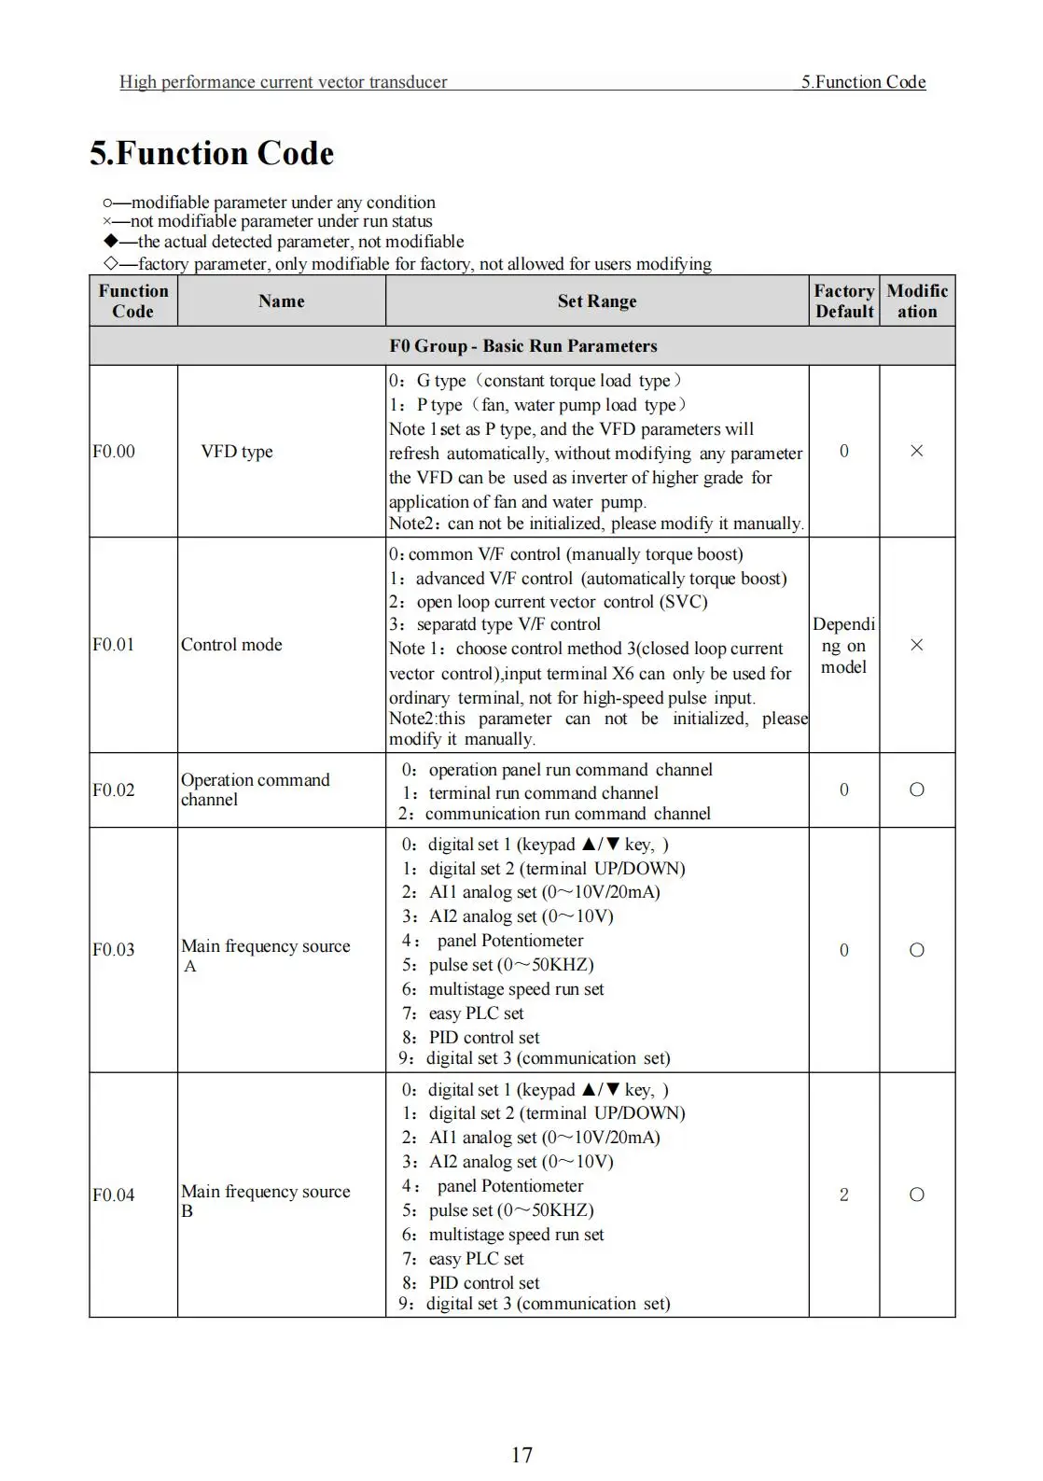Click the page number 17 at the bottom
click(521, 1454)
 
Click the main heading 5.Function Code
click(212, 153)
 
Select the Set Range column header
click(597, 301)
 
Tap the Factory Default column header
click(844, 301)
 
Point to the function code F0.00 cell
click(114, 452)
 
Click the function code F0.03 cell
click(114, 950)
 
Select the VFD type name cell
click(237, 452)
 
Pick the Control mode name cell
click(231, 645)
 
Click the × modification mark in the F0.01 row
click(917, 645)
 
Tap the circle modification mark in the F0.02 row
click(917, 789)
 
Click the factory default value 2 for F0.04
click(844, 1195)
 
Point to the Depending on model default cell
click(844, 645)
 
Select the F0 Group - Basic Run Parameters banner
click(522, 346)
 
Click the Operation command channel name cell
click(255, 789)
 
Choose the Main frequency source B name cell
click(265, 1200)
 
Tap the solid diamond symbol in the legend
click(110, 242)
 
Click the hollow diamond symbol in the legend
click(110, 263)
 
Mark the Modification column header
click(917, 301)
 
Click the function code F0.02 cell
click(114, 790)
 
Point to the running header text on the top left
click(283, 82)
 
